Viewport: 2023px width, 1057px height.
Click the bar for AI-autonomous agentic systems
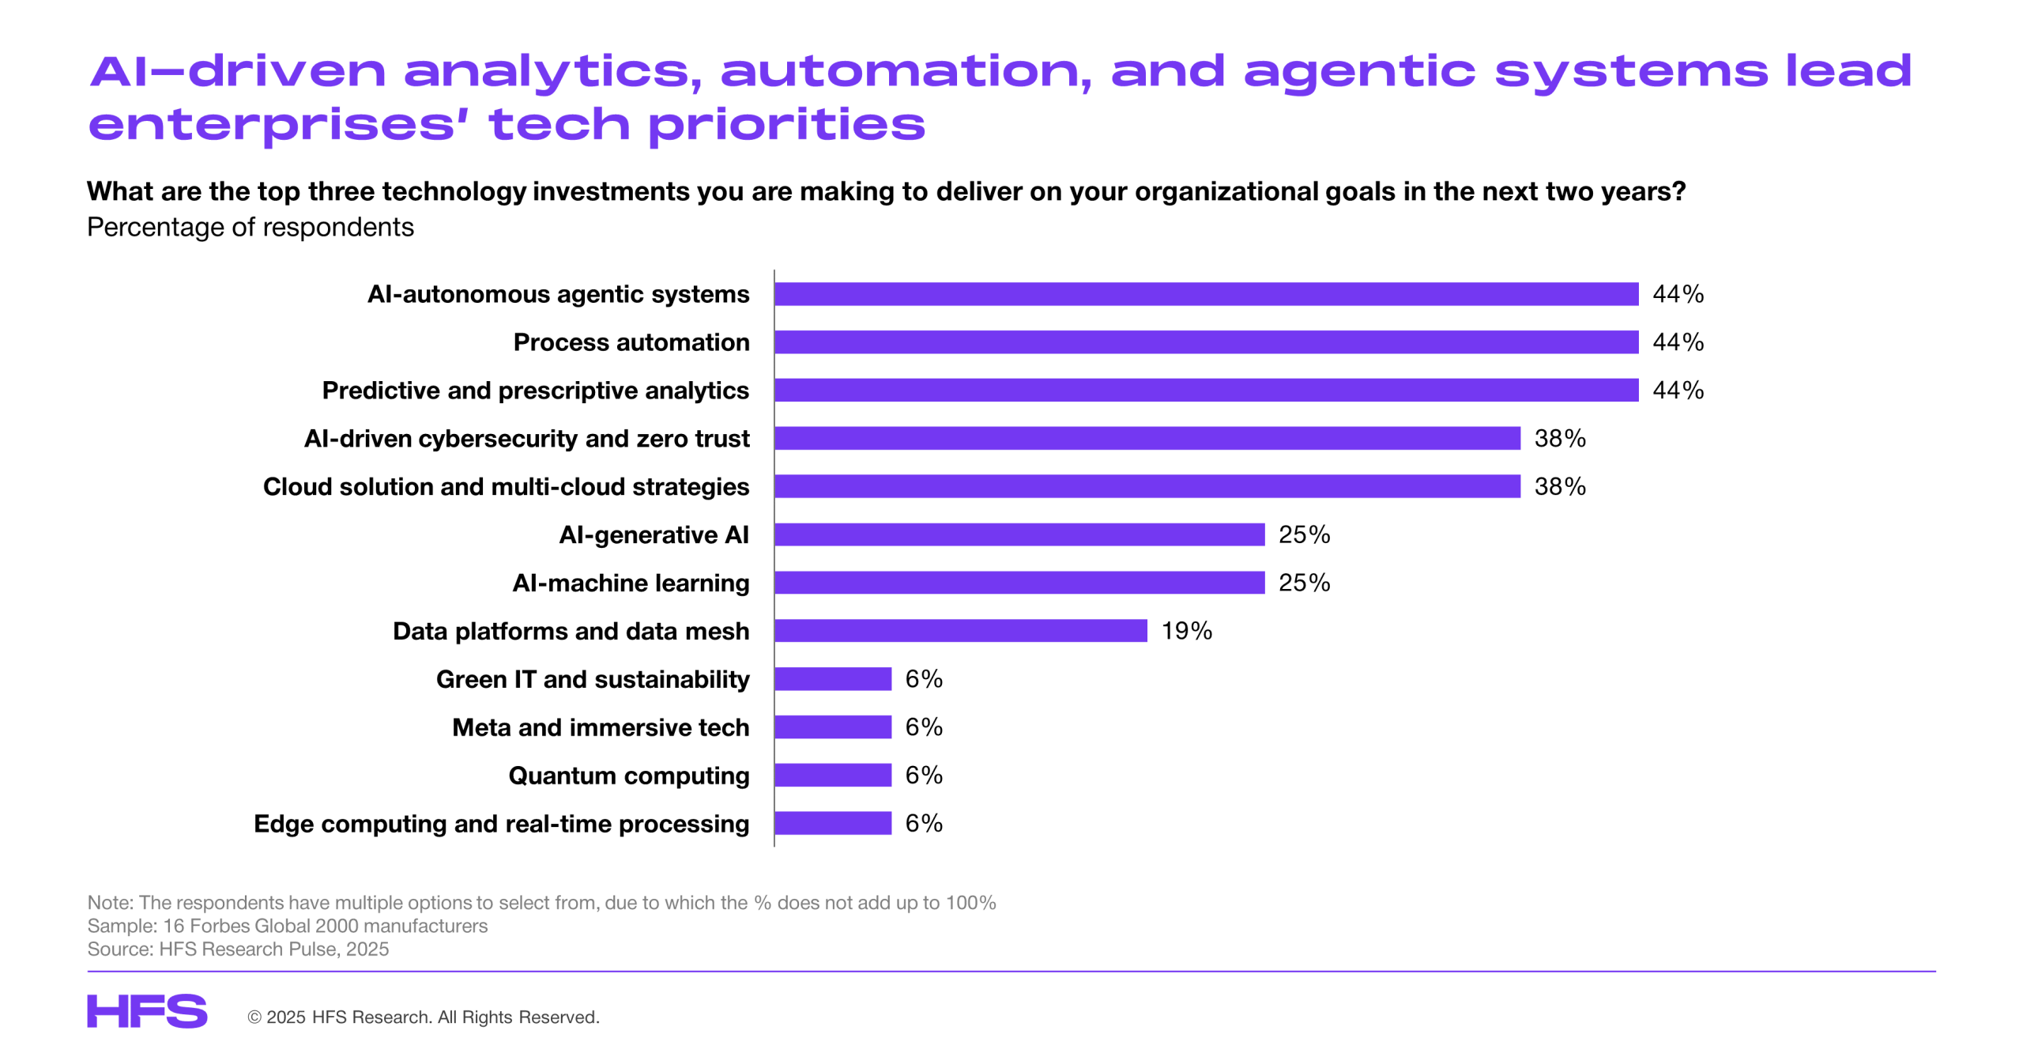click(1205, 294)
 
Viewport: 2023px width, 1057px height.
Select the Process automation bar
click(1205, 342)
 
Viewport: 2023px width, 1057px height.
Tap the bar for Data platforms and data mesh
click(960, 631)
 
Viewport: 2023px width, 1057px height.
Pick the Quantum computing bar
click(832, 775)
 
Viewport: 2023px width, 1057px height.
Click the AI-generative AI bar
click(1019, 534)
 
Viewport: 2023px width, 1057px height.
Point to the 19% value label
click(1185, 631)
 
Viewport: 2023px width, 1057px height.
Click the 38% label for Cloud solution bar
click(1559, 486)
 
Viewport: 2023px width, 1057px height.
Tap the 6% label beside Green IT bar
click(923, 679)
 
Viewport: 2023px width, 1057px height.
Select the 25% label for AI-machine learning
click(1304, 583)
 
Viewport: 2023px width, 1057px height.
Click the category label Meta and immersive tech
click(600, 727)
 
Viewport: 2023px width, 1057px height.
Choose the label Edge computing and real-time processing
click(501, 824)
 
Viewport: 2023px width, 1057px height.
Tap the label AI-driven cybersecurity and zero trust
click(526, 439)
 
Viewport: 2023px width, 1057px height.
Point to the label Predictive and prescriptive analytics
click(535, 391)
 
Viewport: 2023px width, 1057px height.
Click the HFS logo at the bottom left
click(147, 1011)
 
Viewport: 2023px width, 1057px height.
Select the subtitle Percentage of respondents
click(250, 228)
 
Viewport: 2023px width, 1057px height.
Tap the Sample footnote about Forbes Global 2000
click(287, 926)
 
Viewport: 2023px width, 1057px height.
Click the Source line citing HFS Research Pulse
click(238, 949)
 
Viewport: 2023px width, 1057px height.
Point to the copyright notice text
click(424, 1017)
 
